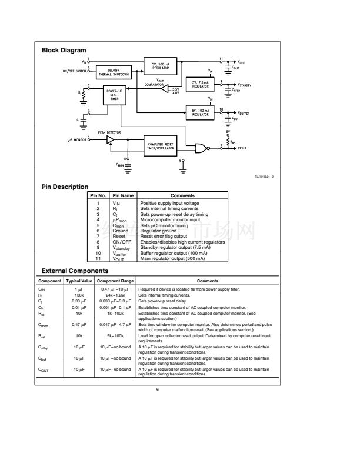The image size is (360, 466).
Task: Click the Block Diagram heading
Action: [x=64, y=51]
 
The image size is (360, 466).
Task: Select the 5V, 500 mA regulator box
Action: [x=161, y=66]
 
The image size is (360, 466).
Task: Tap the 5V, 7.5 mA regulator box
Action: [x=201, y=85]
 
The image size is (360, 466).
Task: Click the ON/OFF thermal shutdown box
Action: [x=114, y=72]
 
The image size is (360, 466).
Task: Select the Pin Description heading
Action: [x=65, y=187]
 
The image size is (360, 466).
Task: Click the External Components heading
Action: [x=75, y=271]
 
